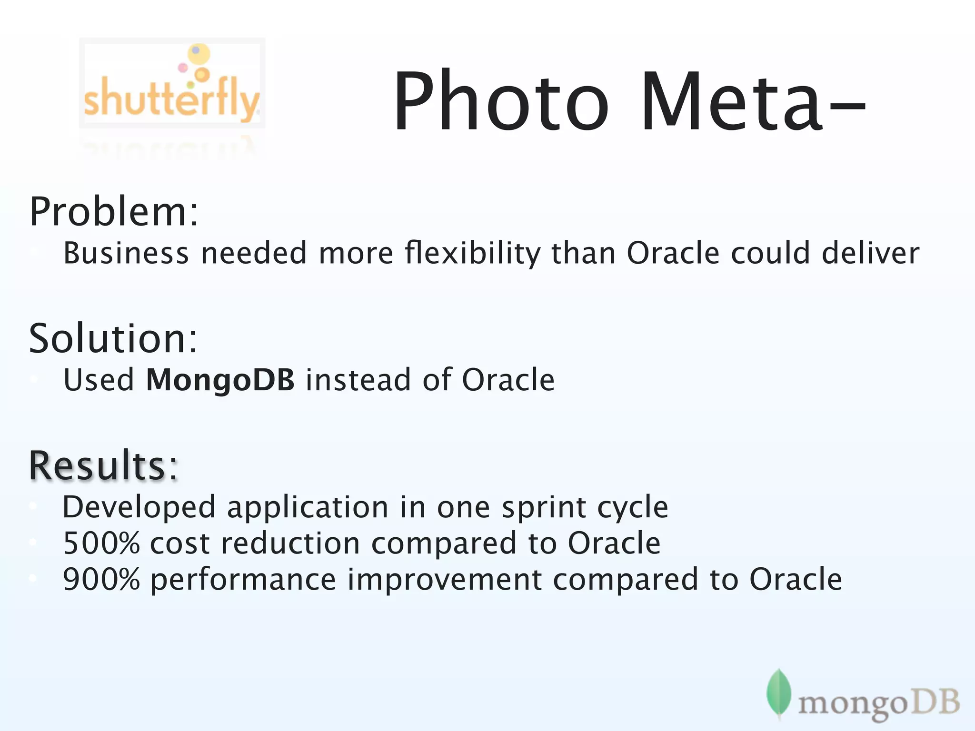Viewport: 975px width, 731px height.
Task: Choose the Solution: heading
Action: [x=113, y=338]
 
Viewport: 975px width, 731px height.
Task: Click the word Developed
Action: [x=139, y=507]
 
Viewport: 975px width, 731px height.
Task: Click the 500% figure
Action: [x=101, y=543]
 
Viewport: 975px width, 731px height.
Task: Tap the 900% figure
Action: [x=101, y=579]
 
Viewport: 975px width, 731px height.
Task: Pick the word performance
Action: [x=243, y=580]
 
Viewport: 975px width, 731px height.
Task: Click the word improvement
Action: [x=445, y=579]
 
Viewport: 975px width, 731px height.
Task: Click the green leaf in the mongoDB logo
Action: [x=778, y=692]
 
